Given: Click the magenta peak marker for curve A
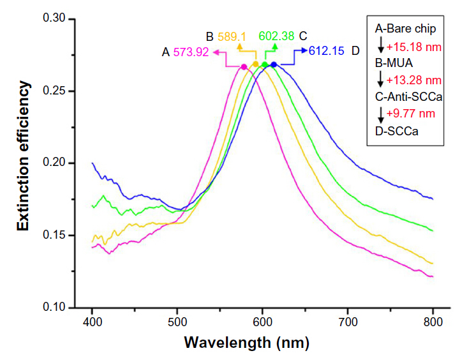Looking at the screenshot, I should (243, 66).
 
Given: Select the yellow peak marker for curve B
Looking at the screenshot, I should (256, 64).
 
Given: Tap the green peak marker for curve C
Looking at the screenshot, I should (265, 64).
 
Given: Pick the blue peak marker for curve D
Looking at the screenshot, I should (274, 64).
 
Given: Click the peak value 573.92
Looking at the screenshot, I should (191, 52).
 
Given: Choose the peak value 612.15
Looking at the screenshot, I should (327, 50).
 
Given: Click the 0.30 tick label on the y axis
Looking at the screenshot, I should (55, 19).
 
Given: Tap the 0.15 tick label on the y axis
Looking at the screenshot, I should (55, 236).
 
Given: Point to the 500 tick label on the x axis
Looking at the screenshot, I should (177, 323).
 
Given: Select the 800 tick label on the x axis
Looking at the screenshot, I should (433, 323).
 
